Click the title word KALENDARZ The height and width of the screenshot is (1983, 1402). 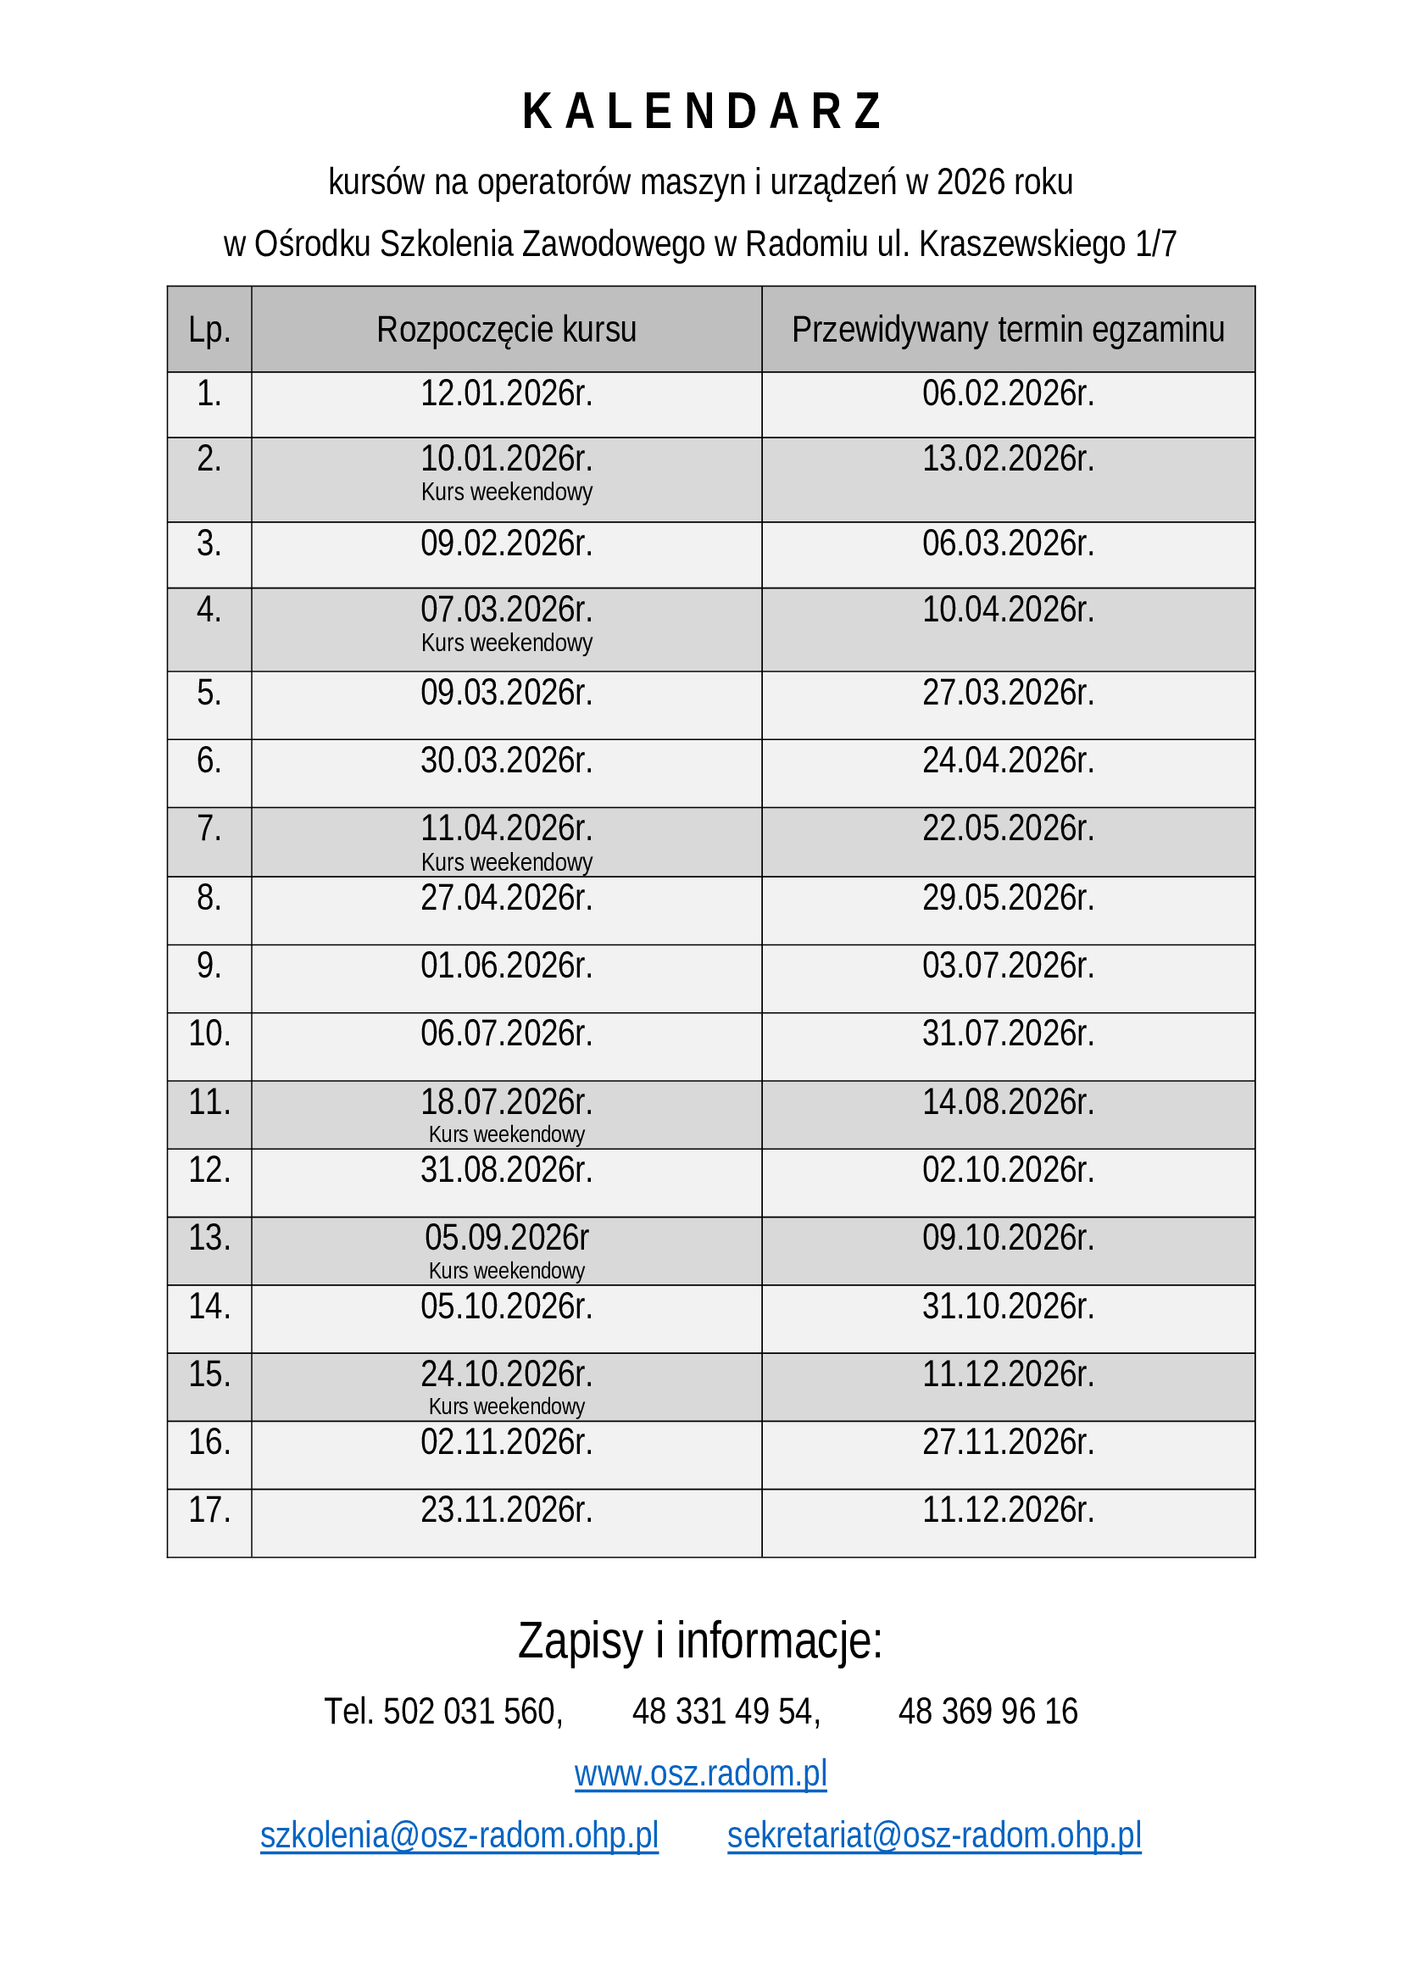coord(701,112)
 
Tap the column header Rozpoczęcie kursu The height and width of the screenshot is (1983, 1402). coord(506,330)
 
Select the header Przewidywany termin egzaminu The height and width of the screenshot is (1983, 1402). coord(1008,330)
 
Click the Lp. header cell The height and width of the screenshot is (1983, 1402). coord(209,330)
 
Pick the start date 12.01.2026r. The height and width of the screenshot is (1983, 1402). coord(506,394)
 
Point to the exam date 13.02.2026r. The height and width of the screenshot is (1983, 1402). coord(1008,459)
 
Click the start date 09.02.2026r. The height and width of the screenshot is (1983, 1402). coord(506,543)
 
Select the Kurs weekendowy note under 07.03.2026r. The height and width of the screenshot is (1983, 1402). coord(506,643)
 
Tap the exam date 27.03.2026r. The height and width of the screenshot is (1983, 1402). coord(1008,693)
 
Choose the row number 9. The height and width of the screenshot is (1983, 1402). coord(209,966)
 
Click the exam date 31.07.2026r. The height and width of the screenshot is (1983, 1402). coord(1008,1033)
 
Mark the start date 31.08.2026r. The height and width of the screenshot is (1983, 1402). coord(506,1170)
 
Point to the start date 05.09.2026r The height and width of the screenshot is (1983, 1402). coord(506,1239)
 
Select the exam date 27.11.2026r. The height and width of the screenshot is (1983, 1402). coord(1008,1443)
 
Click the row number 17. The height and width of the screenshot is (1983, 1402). coord(209,1511)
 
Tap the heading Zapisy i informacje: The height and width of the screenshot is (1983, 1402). coord(700,1642)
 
